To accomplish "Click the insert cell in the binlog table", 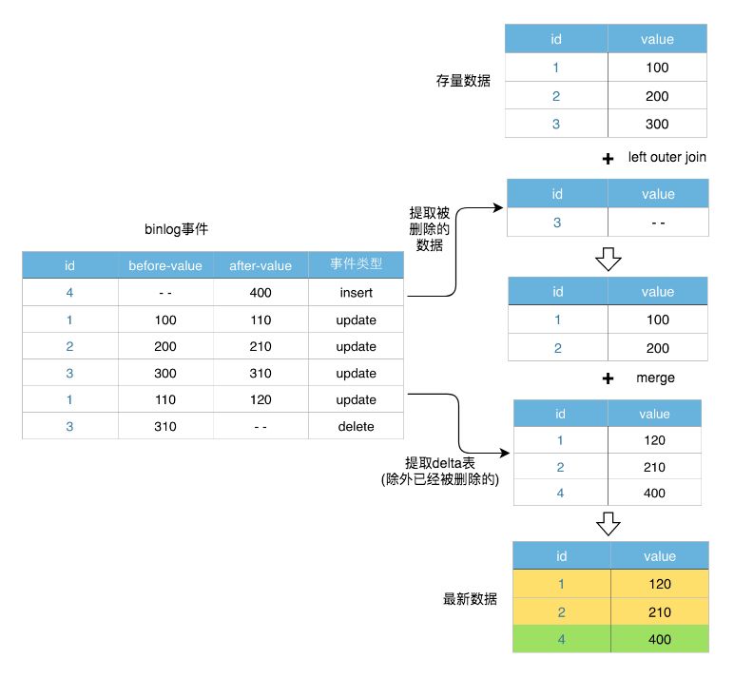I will point(356,293).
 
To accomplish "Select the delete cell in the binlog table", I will point(356,426).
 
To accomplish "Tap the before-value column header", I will point(165,265).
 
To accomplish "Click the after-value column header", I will point(261,265).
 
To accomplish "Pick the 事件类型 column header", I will point(356,265).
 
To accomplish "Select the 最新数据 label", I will point(470,599).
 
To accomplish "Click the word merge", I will point(655,378).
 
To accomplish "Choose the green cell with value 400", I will point(659,639).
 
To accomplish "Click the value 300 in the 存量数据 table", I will point(656,124).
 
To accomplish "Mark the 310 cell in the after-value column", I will point(261,373).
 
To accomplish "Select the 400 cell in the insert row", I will point(261,293).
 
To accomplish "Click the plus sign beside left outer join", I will point(608,159).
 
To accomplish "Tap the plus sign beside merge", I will point(608,378).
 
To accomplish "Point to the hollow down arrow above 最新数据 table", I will point(608,523).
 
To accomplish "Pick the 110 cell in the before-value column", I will point(165,399).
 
